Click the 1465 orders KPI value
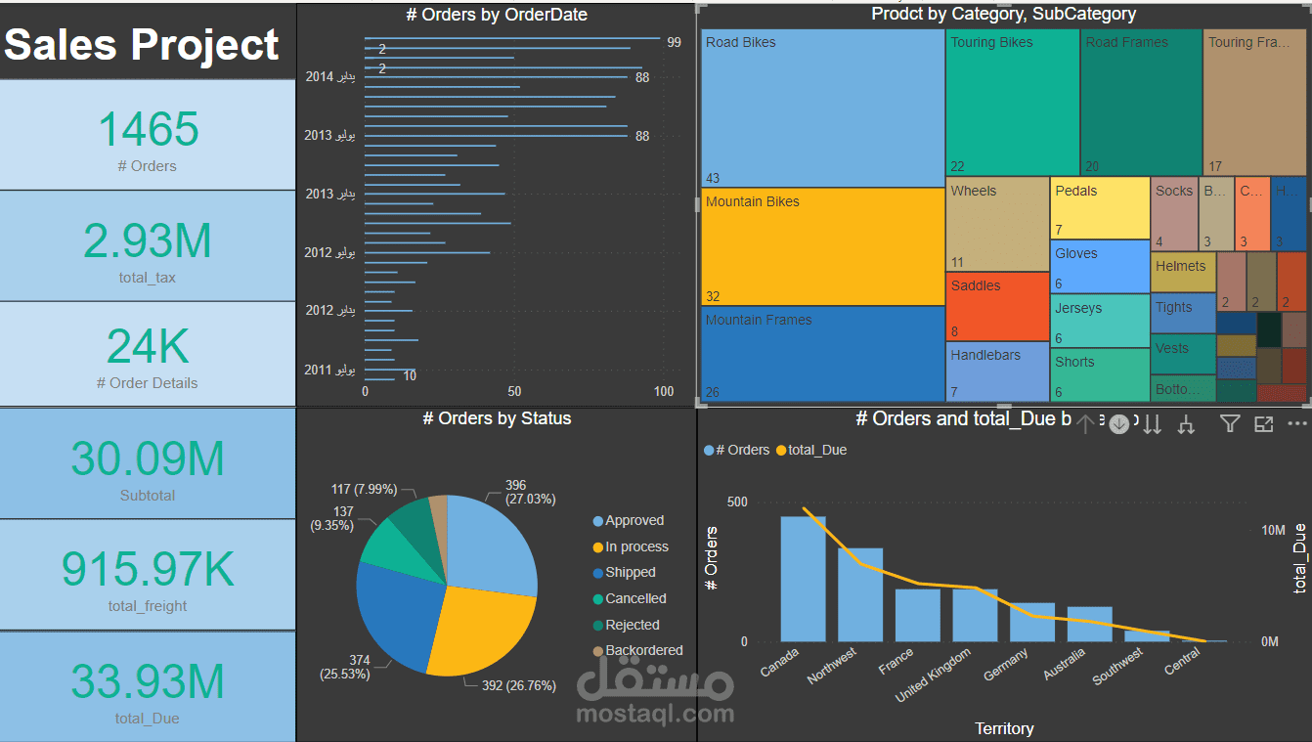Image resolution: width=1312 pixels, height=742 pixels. tap(148, 130)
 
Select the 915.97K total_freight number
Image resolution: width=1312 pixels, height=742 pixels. tap(148, 569)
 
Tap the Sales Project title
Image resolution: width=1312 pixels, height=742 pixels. tap(143, 45)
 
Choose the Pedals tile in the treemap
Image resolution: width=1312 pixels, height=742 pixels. tap(1099, 207)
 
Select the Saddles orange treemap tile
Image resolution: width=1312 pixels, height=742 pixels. tap(996, 306)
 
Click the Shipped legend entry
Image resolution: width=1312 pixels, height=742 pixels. tap(630, 573)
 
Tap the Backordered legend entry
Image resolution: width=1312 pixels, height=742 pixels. tap(643, 651)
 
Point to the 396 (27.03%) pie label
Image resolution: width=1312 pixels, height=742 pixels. tap(530, 492)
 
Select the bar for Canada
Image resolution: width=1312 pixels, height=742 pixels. tap(803, 578)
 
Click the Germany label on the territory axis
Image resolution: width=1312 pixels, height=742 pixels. tap(1006, 666)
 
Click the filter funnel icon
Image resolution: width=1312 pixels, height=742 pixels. tap(1230, 423)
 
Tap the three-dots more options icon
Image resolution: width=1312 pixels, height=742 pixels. tap(1296, 423)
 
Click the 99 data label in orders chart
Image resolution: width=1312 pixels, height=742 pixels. tap(674, 42)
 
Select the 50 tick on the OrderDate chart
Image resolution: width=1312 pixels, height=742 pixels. tap(514, 391)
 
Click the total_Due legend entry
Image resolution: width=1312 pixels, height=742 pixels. tap(816, 451)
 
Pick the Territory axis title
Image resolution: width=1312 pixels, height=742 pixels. tap(1004, 728)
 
